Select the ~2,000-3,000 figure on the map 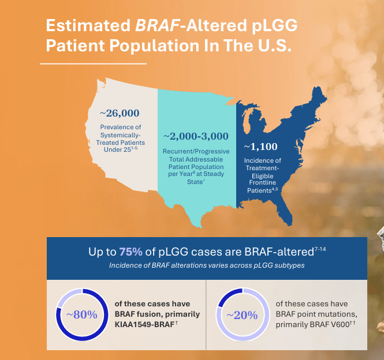pyautogui.click(x=196, y=137)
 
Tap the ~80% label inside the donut pyautogui.click(x=81, y=314)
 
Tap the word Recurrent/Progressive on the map pyautogui.click(x=196, y=151)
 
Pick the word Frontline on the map pyautogui.click(x=263, y=182)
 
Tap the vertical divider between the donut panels pyautogui.click(x=206, y=314)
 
